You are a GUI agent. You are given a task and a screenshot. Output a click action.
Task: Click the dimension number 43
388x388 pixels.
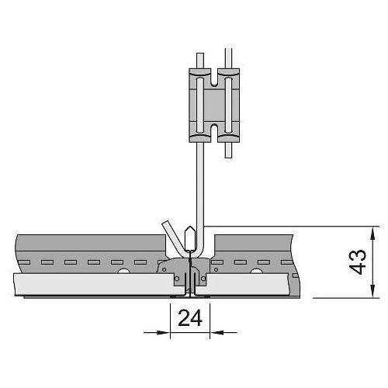[359, 262]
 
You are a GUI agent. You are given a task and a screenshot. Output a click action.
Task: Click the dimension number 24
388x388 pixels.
[190, 318]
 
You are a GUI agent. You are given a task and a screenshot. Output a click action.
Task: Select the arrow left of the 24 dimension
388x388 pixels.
[157, 332]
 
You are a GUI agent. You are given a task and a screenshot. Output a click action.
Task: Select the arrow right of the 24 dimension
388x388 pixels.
[223, 332]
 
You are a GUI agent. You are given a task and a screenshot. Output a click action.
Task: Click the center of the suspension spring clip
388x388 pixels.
[214, 106]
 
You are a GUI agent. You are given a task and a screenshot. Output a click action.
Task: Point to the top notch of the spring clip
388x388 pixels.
[214, 77]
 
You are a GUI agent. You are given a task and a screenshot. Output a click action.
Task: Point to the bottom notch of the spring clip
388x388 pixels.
[214, 133]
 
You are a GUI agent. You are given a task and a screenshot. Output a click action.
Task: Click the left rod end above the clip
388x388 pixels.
[200, 54]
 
